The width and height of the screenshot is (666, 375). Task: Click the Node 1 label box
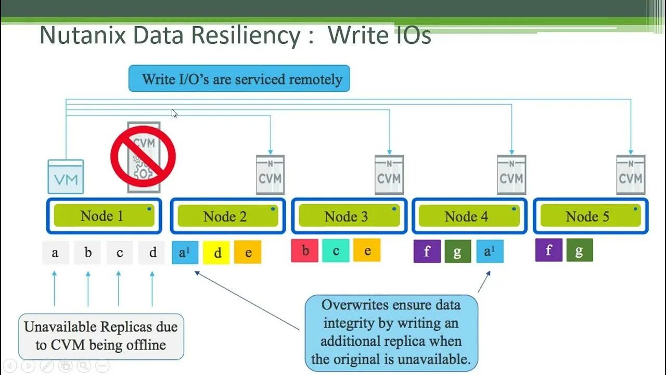104,216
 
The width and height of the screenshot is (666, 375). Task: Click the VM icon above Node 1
66,177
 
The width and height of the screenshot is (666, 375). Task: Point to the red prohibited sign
143,156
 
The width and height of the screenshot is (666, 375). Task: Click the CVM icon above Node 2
270,174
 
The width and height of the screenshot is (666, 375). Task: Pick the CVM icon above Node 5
631,174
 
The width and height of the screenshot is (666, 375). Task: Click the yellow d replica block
217,253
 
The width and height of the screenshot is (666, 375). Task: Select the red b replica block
305,251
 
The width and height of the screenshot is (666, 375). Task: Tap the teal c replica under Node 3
336,251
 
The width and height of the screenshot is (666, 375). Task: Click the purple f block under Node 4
427,252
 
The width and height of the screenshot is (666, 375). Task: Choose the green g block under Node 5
579,251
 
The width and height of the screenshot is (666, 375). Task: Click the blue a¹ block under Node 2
185,253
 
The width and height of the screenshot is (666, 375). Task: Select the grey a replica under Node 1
55,253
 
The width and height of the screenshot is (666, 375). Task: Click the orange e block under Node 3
367,251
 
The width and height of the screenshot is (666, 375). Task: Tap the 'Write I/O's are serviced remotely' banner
239,79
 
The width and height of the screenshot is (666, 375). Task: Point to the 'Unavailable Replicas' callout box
101,336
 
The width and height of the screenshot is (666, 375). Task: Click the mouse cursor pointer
174,113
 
